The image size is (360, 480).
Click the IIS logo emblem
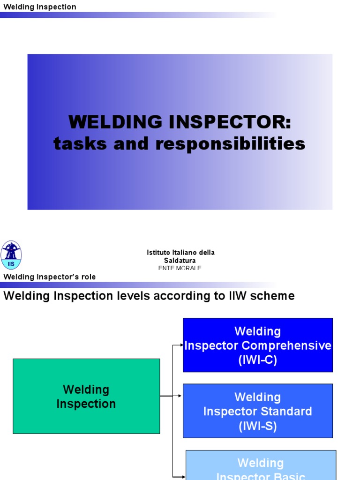coord(11,255)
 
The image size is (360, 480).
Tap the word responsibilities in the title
coord(230,143)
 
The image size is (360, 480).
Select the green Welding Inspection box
coord(86,396)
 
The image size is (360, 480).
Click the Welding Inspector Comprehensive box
coord(257,345)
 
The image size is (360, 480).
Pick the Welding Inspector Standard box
coord(257,411)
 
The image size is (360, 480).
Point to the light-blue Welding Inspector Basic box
coord(261,465)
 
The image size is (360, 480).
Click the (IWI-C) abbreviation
coord(257,360)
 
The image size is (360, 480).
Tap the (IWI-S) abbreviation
coord(257,426)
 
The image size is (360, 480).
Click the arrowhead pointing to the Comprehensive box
coord(181,345)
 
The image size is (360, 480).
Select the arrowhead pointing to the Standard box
coord(180,396)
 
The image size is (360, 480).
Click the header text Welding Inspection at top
coord(40,7)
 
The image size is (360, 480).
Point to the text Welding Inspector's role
coord(50,277)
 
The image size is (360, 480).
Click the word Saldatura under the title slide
coord(180,260)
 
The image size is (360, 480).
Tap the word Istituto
coord(158,252)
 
